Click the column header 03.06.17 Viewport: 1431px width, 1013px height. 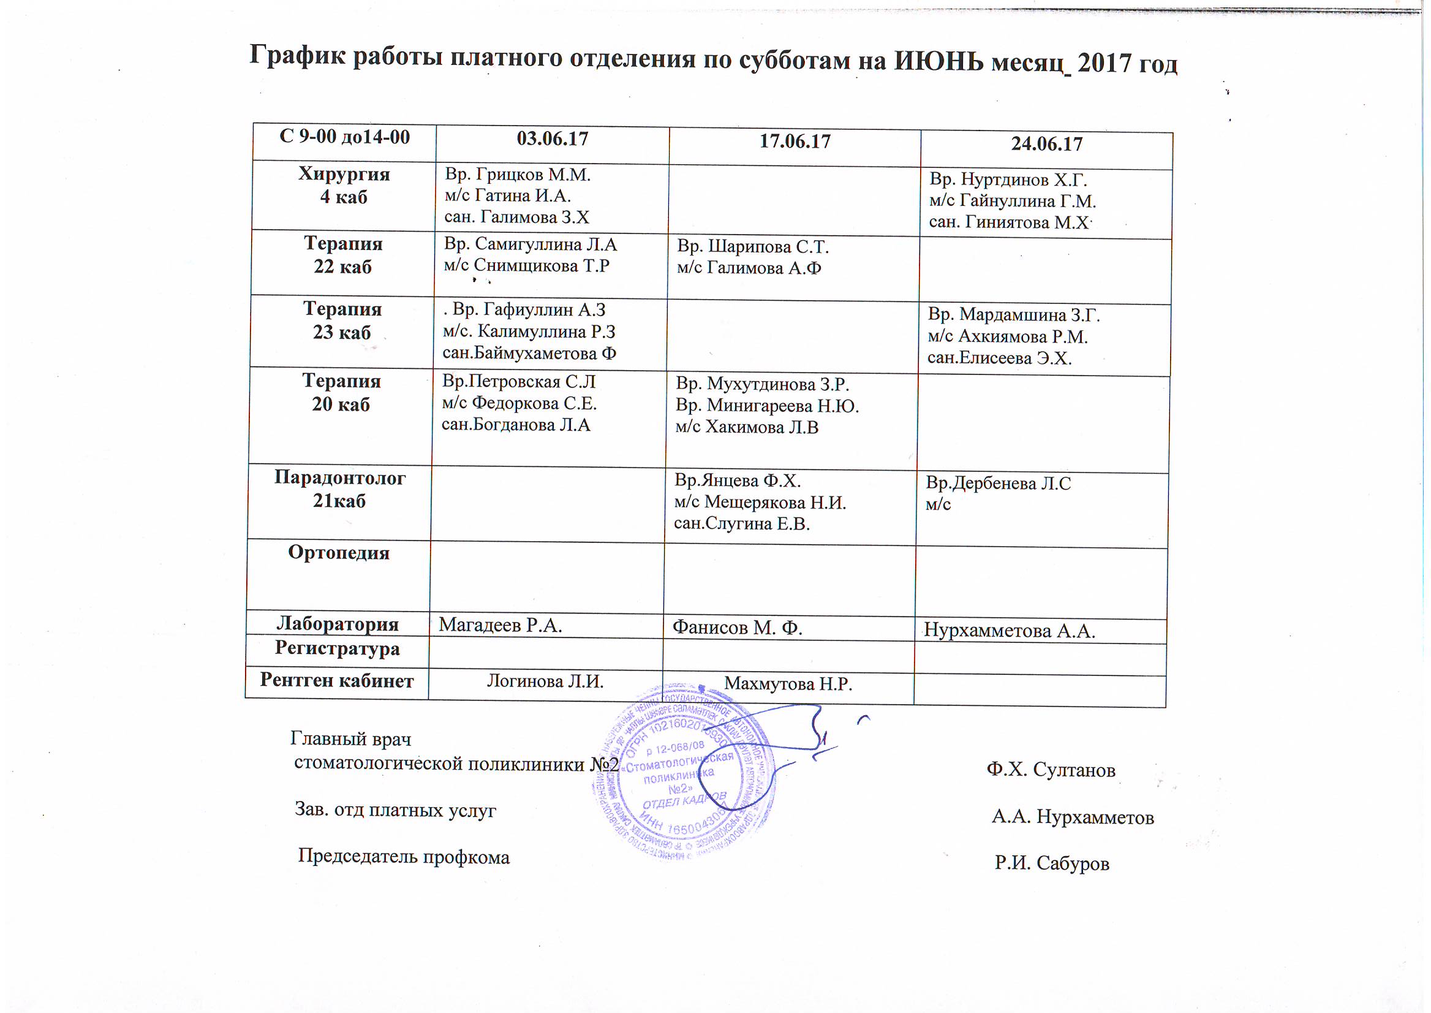[553, 138]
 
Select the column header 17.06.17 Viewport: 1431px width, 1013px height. [795, 142]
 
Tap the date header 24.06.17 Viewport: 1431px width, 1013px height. [1046, 144]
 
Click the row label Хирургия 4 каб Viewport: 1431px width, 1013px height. [344, 185]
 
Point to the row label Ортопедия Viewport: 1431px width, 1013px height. [339, 553]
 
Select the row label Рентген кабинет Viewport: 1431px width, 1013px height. [337, 680]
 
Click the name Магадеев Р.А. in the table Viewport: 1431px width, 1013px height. [500, 625]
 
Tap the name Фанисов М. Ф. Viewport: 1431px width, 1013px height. [737, 628]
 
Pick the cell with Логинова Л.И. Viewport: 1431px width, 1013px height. [545, 682]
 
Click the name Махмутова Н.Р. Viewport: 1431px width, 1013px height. [788, 685]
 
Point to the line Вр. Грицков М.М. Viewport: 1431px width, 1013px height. [518, 175]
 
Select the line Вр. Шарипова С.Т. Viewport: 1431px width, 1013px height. [753, 247]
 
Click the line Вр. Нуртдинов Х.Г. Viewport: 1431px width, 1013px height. [1008, 180]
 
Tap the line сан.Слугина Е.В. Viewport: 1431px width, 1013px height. [741, 524]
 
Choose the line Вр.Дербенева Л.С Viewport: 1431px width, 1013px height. [998, 484]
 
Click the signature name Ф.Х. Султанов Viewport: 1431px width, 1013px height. [1051, 770]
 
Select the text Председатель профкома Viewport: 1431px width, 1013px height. [404, 857]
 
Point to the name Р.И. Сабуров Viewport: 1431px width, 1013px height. [1052, 863]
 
